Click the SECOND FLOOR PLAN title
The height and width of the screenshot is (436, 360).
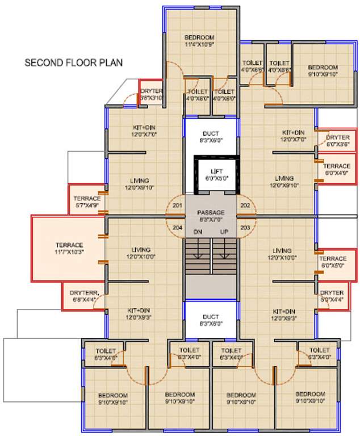tap(73, 62)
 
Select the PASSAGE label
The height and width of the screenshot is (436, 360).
tap(210, 205)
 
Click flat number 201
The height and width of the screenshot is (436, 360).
tap(177, 206)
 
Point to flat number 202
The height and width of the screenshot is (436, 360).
tap(245, 206)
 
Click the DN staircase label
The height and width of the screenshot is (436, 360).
tap(198, 232)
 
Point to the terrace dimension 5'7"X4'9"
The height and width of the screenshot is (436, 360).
tap(86, 205)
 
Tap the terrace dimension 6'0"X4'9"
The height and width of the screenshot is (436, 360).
tap(337, 173)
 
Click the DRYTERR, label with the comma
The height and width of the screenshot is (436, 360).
tap(85, 292)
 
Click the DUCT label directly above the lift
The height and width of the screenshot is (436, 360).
tap(210, 134)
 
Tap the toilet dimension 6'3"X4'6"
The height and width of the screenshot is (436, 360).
tap(106, 358)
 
